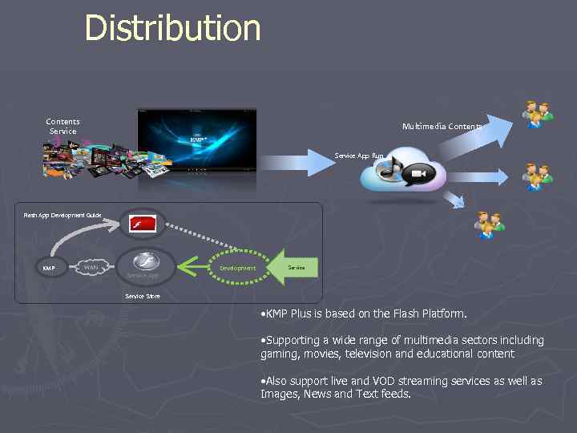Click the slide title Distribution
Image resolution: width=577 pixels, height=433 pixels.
pyautogui.click(x=172, y=27)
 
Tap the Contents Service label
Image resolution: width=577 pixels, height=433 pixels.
pyautogui.click(x=63, y=127)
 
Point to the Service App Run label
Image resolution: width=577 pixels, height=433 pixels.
pyautogui.click(x=359, y=156)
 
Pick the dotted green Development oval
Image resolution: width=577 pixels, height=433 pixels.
pyautogui.click(x=237, y=268)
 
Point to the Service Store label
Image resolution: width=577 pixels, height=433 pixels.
pyautogui.click(x=143, y=296)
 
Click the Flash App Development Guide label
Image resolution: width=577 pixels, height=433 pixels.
pyautogui.click(x=63, y=215)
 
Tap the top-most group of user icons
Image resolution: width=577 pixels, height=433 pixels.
pyautogui.click(x=537, y=114)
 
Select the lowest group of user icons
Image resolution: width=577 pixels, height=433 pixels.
pyautogui.click(x=490, y=225)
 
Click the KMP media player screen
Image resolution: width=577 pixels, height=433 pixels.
pyautogui.click(x=197, y=140)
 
